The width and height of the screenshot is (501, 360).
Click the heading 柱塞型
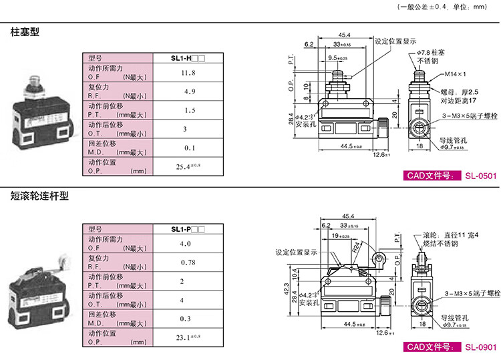[25, 32]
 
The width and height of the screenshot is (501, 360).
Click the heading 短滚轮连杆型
[39, 197]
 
